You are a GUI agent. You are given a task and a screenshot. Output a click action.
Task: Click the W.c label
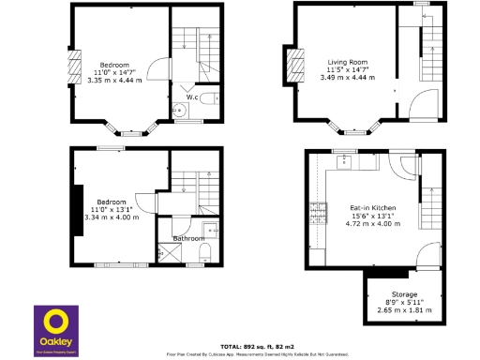click(191, 96)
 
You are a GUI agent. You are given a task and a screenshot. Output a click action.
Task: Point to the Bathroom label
click(189, 238)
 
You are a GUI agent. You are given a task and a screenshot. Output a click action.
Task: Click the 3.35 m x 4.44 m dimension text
click(113, 80)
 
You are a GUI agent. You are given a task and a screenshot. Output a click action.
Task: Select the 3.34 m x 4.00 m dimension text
click(112, 217)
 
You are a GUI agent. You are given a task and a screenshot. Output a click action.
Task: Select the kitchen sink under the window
click(345, 159)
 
